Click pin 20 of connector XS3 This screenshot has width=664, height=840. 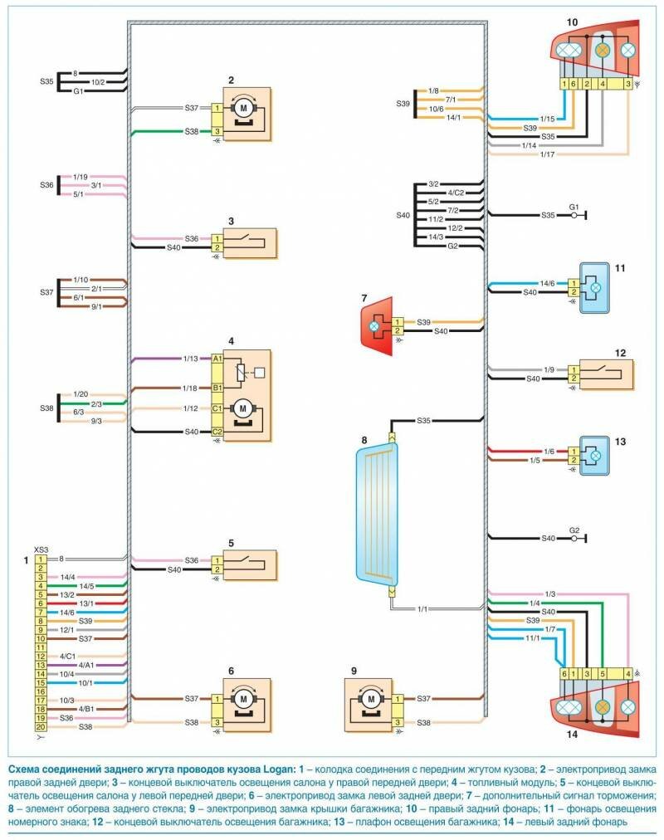coord(40,727)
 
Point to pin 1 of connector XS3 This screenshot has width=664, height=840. coord(40,560)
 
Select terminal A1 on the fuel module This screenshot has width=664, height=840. coord(217,359)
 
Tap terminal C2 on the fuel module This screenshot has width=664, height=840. coord(217,432)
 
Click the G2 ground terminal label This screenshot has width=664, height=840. coord(574,530)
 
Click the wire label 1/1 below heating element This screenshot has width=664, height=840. coord(424,609)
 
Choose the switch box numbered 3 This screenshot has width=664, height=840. coord(248,243)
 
